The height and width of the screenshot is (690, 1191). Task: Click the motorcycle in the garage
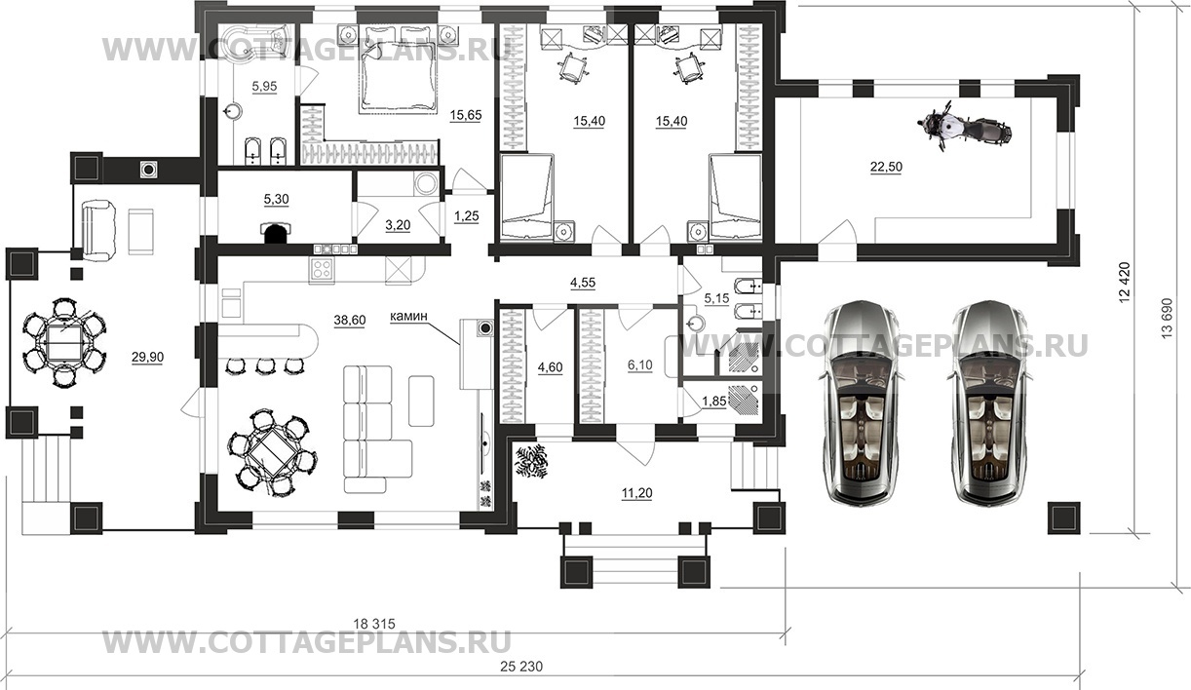click(964, 128)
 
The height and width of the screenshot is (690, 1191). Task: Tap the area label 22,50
click(886, 167)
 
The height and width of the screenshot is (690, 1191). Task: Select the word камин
click(408, 317)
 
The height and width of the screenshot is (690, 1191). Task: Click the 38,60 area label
click(349, 320)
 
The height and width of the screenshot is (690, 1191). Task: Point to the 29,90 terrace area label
click(147, 358)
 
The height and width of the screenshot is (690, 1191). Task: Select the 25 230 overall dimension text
click(521, 666)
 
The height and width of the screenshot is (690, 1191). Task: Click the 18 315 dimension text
click(374, 624)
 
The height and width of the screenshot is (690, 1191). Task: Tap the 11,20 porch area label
click(637, 493)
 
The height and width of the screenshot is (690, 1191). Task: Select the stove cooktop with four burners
click(322, 269)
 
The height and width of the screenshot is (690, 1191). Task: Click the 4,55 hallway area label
click(583, 283)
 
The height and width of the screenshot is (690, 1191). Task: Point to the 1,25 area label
click(466, 216)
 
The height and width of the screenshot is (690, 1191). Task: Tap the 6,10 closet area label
click(639, 365)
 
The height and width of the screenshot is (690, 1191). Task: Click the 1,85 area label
click(714, 402)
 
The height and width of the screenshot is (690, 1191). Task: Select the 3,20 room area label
click(398, 225)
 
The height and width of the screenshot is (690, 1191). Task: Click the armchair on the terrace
click(98, 230)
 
